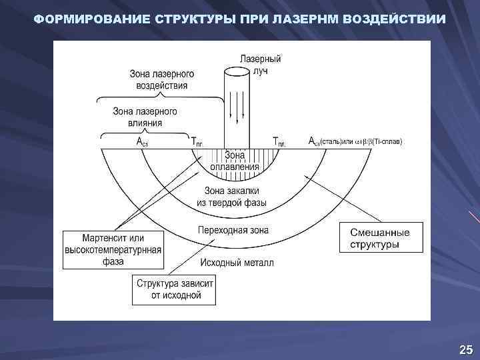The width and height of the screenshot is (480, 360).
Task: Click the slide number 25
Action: pos(465,349)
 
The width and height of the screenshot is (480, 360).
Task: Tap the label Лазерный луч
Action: pos(265,65)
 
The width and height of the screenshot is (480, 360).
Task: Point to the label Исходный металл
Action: pos(235,263)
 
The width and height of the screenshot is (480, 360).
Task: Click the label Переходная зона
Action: pos(233,231)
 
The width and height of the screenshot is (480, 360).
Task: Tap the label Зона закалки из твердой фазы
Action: pos(232,195)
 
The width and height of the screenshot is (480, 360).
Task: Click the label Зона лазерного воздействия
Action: pos(161,80)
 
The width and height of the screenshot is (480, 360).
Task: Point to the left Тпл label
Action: pos(198,142)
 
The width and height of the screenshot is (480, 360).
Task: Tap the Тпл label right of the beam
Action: pos(281,142)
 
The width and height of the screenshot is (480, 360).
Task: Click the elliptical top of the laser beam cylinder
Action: pos(236,72)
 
